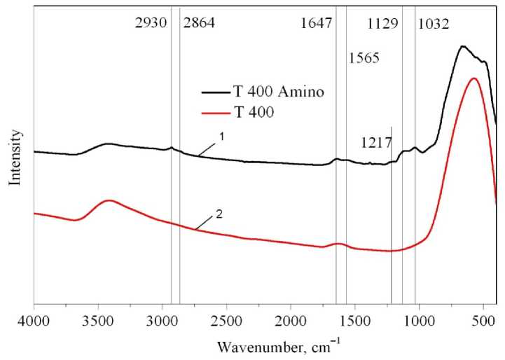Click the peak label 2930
[x=151, y=23]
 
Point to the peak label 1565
[x=364, y=58]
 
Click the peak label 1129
[x=383, y=23]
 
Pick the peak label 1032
[x=434, y=23]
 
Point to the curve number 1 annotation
[x=221, y=137]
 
